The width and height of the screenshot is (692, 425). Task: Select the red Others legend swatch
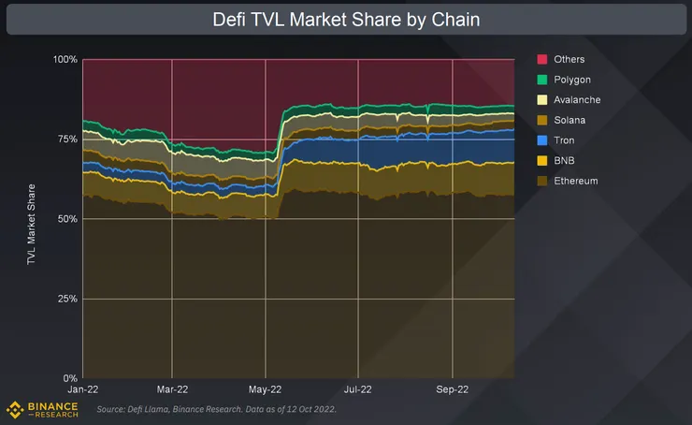542,60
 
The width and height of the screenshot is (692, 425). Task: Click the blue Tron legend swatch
542,140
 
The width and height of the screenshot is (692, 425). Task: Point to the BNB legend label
566,161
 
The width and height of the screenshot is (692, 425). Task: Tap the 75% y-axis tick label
66,139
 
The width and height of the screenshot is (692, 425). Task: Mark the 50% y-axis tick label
66,219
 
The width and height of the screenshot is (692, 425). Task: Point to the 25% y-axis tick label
66,299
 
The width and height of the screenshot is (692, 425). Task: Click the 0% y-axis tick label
70,378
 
